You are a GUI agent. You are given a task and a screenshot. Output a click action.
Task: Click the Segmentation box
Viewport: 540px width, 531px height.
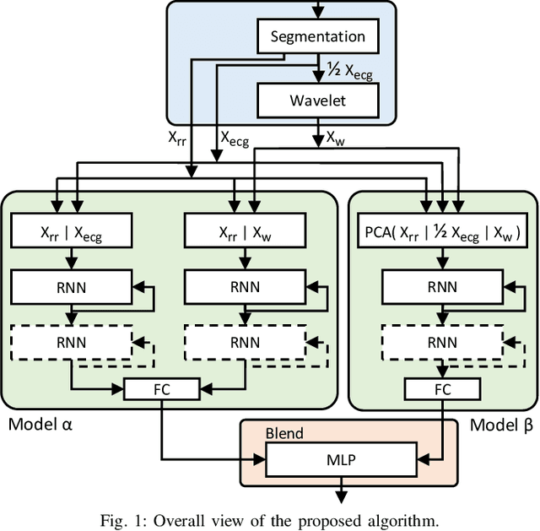click(x=317, y=36)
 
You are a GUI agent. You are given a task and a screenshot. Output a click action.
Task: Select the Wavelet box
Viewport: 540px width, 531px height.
click(x=317, y=100)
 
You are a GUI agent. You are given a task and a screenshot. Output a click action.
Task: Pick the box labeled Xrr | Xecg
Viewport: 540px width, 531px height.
click(x=72, y=232)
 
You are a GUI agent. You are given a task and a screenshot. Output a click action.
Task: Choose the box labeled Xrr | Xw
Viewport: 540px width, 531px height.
click(x=246, y=232)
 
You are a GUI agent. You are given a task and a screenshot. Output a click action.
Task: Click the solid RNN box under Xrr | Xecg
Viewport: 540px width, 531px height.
click(x=72, y=287)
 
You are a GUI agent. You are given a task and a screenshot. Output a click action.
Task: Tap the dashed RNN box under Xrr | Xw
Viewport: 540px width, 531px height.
click(x=246, y=342)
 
